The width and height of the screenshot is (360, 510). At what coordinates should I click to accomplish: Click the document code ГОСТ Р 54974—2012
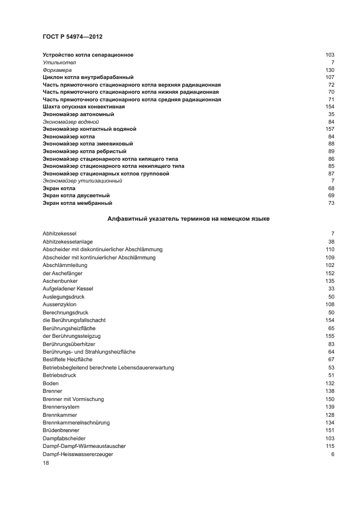72,37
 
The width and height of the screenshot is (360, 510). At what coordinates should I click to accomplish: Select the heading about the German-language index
188,218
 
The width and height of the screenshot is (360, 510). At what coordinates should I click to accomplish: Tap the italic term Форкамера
57,70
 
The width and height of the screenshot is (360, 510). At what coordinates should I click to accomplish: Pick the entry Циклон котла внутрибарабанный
88,77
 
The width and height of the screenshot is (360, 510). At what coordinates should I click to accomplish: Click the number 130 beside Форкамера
330,70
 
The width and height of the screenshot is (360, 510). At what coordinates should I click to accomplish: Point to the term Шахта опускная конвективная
84,107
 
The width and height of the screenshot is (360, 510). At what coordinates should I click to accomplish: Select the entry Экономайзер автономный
78,114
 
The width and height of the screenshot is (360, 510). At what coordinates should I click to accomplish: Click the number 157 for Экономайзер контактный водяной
330,129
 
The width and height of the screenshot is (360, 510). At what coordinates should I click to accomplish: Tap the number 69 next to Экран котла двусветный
331,195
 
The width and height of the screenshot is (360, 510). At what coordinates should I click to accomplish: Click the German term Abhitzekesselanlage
68,241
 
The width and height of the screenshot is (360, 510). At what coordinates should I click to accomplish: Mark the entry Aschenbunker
59,281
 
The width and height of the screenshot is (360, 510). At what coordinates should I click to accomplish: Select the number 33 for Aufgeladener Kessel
331,288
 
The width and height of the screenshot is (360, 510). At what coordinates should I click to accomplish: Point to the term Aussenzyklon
59,304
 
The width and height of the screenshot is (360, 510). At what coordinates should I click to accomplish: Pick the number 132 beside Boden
330,384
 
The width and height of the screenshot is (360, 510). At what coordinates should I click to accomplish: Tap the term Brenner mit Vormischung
73,399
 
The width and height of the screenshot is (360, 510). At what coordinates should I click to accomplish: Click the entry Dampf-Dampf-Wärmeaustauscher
81,446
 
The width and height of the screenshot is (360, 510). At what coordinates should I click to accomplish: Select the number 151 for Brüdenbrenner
330,430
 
